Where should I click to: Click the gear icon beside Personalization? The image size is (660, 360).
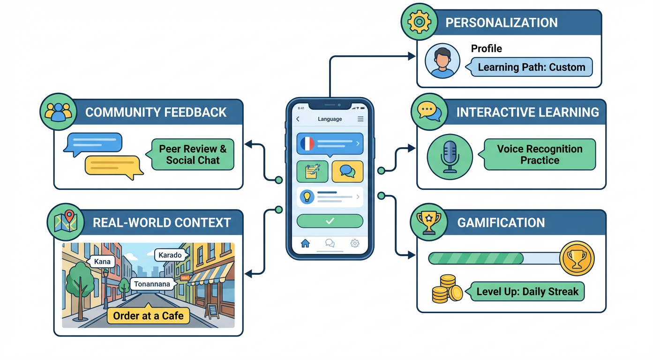click(419, 22)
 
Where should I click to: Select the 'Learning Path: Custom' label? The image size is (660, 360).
click(531, 67)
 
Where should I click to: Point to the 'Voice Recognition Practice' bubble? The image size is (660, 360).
click(540, 154)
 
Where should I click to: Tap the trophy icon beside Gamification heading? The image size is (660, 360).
click(428, 222)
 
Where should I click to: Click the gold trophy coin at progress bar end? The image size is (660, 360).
click(577, 258)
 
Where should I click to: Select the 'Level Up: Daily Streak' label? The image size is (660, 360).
click(527, 292)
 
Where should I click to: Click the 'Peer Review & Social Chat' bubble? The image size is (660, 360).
click(193, 154)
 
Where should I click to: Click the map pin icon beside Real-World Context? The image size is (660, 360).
click(66, 222)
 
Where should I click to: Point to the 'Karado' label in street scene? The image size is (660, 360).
click(170, 255)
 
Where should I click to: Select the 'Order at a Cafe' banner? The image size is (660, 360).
click(148, 315)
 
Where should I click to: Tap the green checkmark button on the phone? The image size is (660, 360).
click(330, 221)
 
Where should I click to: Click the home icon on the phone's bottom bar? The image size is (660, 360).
click(305, 243)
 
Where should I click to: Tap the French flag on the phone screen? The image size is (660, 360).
click(307, 143)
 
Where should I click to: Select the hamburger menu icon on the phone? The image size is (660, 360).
click(360, 119)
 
